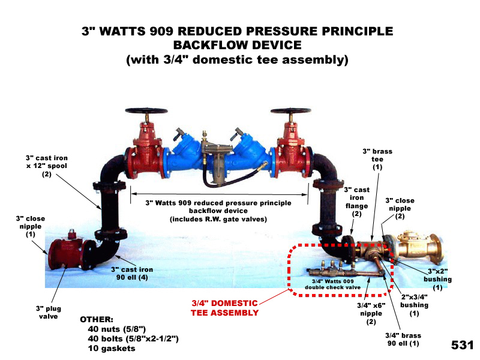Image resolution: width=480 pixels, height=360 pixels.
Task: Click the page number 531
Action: click(x=462, y=345)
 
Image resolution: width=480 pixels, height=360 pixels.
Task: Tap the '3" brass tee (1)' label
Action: click(x=377, y=159)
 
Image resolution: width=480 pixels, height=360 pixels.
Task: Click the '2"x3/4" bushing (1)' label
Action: click(x=414, y=305)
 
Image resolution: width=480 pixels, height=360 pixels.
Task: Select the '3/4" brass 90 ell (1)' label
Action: click(x=403, y=340)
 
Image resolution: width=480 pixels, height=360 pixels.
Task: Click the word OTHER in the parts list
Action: click(x=97, y=320)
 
